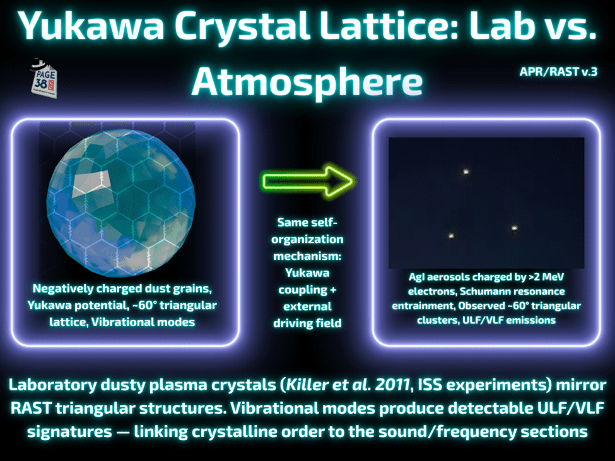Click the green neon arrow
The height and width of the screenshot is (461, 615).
308,182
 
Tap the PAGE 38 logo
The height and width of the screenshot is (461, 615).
44,78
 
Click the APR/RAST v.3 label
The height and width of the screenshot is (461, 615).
558,72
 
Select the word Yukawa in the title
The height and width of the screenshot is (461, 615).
91,26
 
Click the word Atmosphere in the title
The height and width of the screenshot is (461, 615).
307,82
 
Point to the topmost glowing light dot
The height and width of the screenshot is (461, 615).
466,172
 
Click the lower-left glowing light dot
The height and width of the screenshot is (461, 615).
451,236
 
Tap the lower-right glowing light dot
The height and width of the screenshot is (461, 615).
515,228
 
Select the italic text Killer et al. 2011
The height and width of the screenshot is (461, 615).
348,385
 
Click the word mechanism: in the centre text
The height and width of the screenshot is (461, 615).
308,257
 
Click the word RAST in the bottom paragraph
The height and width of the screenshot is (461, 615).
31,409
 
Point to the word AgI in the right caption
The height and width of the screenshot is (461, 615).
416,277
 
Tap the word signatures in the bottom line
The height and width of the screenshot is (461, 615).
69,432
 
